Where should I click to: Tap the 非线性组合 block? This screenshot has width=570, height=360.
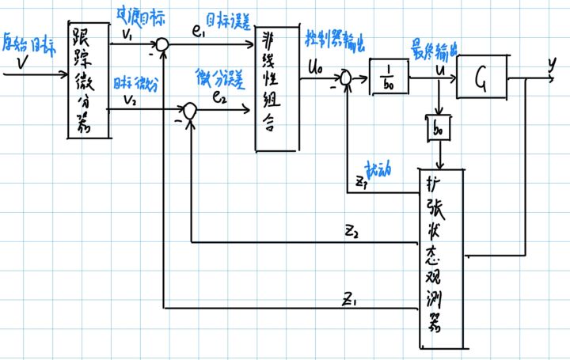click(275, 87)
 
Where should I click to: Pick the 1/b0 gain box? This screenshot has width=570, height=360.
click(388, 80)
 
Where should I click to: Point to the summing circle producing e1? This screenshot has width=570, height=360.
click(161, 47)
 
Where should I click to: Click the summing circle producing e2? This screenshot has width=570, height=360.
click(189, 112)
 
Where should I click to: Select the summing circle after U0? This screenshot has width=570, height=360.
click(345, 78)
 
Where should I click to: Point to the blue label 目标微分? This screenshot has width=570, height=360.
click(128, 83)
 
